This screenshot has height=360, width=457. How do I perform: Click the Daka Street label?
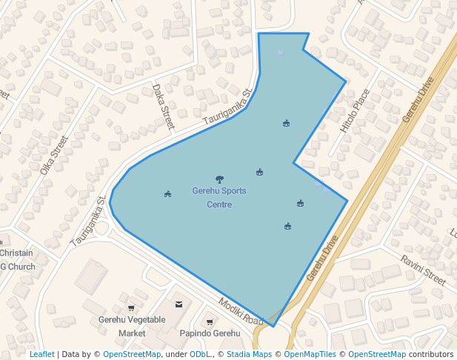(x=162, y=107)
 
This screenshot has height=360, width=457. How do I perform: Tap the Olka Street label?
(x=54, y=154)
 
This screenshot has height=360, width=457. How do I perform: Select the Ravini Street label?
(x=423, y=270)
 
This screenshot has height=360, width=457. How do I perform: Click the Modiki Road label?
(x=241, y=312)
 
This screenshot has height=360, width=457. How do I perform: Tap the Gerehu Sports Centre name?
(x=219, y=197)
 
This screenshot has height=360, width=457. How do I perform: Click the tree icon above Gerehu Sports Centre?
(x=219, y=179)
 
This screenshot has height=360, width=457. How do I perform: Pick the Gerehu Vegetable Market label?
(x=132, y=327)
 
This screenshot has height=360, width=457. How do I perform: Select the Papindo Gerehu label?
(x=210, y=333)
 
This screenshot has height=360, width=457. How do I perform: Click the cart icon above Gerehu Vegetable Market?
(x=131, y=307)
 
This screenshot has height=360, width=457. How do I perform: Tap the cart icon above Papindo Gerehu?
(x=210, y=321)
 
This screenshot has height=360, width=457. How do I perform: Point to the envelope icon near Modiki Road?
(x=179, y=304)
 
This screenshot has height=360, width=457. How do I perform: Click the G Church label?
(x=18, y=267)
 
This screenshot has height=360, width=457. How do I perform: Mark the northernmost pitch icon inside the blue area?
(x=286, y=123)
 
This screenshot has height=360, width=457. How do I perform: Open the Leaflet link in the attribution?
(x=41, y=355)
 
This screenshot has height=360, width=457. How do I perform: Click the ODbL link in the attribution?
(x=200, y=355)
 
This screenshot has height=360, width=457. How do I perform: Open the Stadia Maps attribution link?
(x=249, y=355)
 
